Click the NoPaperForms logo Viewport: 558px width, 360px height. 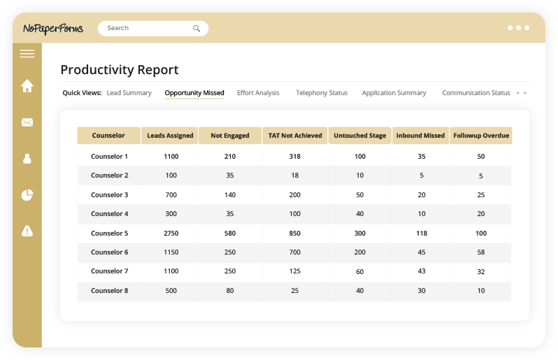[x=53, y=29]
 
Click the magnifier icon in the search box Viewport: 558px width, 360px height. [x=196, y=29]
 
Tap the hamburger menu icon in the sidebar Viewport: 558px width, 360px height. [x=27, y=54]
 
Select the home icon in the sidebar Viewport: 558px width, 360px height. [x=27, y=86]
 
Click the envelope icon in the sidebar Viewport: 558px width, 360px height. [x=27, y=122]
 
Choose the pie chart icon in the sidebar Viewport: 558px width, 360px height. [x=27, y=195]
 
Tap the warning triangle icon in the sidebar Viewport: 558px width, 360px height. [x=27, y=231]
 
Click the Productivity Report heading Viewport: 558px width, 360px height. [x=120, y=70]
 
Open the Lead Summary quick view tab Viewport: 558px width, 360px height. [x=129, y=93]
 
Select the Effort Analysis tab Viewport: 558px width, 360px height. [x=258, y=93]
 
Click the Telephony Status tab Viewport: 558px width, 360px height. [x=322, y=93]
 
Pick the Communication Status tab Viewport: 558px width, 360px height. [x=475, y=93]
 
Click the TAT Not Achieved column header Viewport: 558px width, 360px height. [x=295, y=136]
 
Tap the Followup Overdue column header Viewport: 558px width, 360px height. [x=481, y=136]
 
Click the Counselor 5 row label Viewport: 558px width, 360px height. [x=109, y=233]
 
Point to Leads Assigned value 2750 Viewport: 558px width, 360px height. [x=171, y=233]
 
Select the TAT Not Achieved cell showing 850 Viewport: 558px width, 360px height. [x=295, y=233]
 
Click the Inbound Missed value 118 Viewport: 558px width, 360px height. [x=421, y=233]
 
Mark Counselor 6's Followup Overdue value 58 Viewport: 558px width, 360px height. [x=481, y=252]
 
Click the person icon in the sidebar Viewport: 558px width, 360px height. [x=27, y=159]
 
